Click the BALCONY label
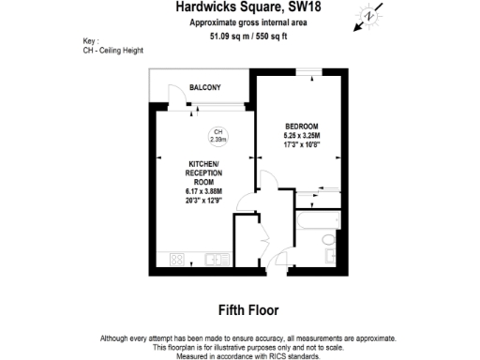coord(204,87)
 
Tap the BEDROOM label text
coord(302,127)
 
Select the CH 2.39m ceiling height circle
coord(217,135)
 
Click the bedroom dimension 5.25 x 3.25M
coord(302,137)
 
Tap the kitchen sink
coord(211,259)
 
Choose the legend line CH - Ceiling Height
coord(114,51)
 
